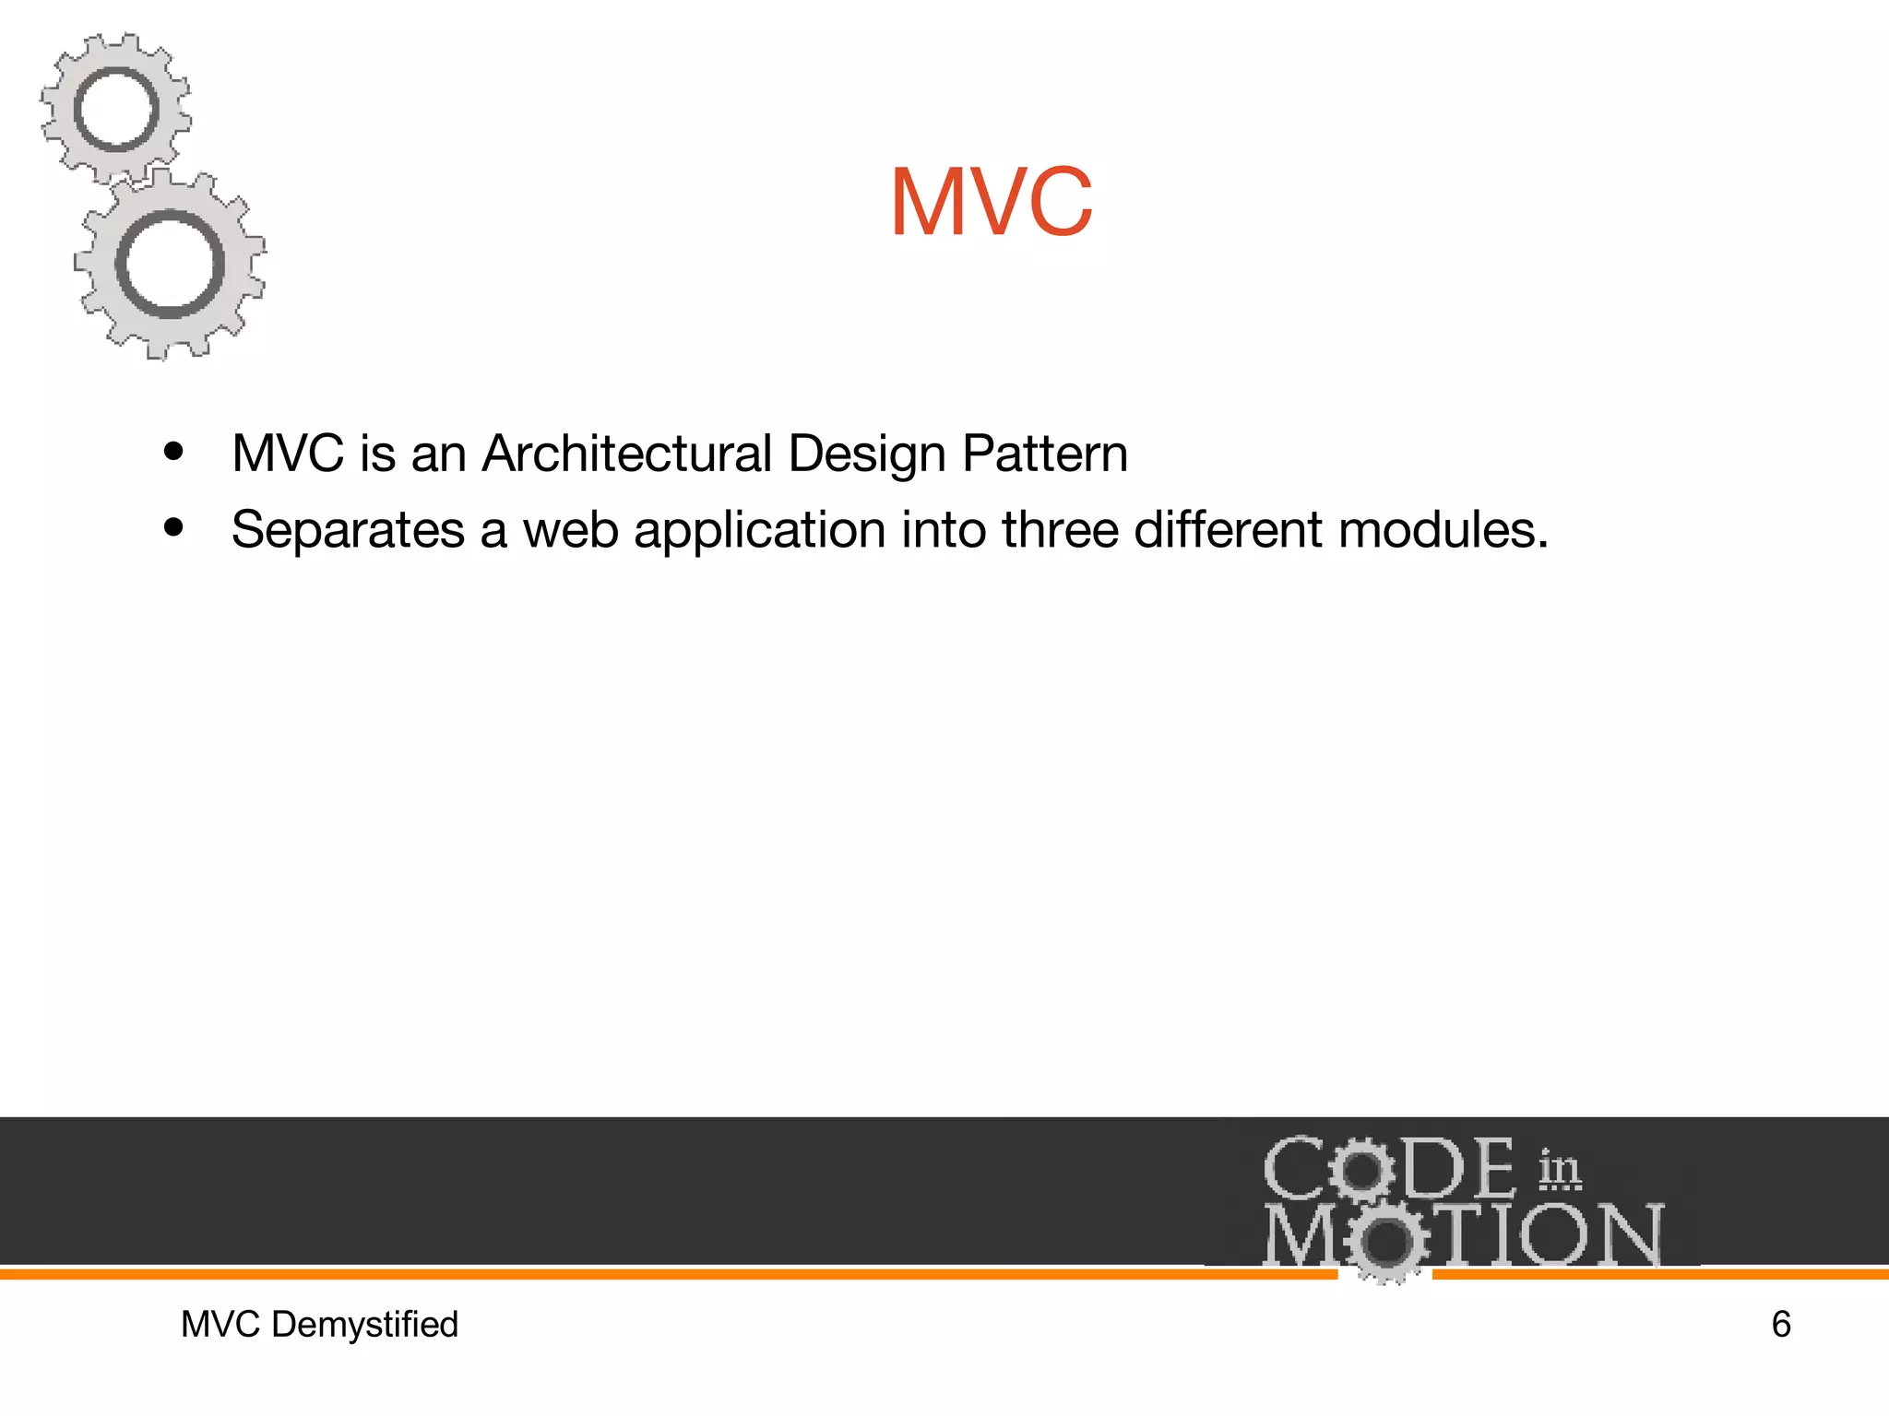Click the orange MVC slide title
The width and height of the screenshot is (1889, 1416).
[x=992, y=202]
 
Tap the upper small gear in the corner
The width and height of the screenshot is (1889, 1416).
[x=116, y=110]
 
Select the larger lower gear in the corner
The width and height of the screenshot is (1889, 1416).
[x=170, y=265]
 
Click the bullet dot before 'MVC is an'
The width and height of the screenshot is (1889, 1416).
[x=173, y=453]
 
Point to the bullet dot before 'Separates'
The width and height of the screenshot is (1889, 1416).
[x=173, y=528]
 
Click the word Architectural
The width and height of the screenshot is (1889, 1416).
[x=626, y=454]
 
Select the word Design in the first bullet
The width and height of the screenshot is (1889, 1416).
[x=868, y=455]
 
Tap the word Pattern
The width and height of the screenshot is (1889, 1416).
[x=1044, y=454]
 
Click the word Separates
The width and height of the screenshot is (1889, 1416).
[x=348, y=530]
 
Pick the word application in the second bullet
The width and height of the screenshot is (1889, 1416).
[x=760, y=532]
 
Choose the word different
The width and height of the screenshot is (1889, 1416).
[x=1228, y=530]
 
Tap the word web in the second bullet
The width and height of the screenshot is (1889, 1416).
[x=570, y=530]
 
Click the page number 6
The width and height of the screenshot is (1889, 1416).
[x=1781, y=1325]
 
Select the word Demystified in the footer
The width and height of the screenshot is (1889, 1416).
[x=364, y=1326]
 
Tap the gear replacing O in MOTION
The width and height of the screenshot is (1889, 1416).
[x=1384, y=1241]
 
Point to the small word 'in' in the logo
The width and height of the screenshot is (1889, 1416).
[x=1559, y=1169]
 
